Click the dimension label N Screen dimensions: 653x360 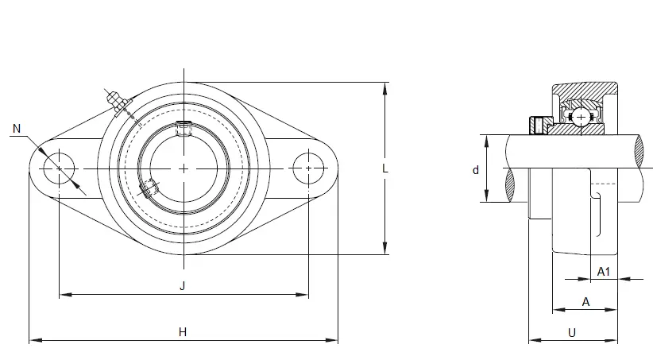tap(17, 128)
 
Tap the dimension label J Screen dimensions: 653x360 tap(183, 286)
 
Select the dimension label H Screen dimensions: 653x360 tap(183, 332)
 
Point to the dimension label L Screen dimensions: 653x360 tap(385, 168)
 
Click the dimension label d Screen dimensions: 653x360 tap(476, 170)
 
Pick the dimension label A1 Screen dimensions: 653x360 tap(604, 272)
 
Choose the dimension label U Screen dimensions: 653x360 tap(572, 332)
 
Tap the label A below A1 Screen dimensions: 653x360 tap(585, 302)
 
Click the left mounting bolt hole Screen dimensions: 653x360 tap(59, 168)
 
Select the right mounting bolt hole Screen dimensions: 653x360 tap(308, 168)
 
